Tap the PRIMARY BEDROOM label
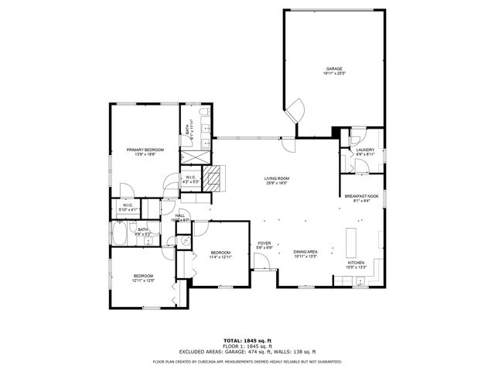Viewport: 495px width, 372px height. coord(145,152)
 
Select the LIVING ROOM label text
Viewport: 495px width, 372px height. coord(277,181)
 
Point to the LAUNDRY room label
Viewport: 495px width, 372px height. coord(365,152)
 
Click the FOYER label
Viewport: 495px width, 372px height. coord(265,246)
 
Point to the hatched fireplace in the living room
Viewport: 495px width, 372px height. coord(222,177)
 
